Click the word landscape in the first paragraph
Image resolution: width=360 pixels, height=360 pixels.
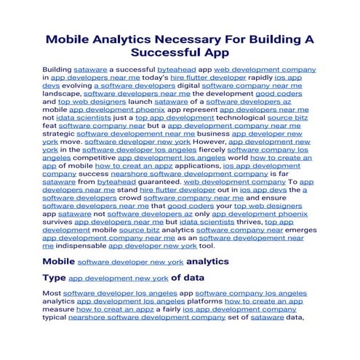tap(62, 94)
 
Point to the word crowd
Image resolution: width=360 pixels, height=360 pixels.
tap(126, 198)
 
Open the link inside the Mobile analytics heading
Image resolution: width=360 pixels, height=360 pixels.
tap(130, 261)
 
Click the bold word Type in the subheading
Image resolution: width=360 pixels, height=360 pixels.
tap(55, 277)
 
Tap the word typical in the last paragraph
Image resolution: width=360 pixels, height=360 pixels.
tap(60, 317)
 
